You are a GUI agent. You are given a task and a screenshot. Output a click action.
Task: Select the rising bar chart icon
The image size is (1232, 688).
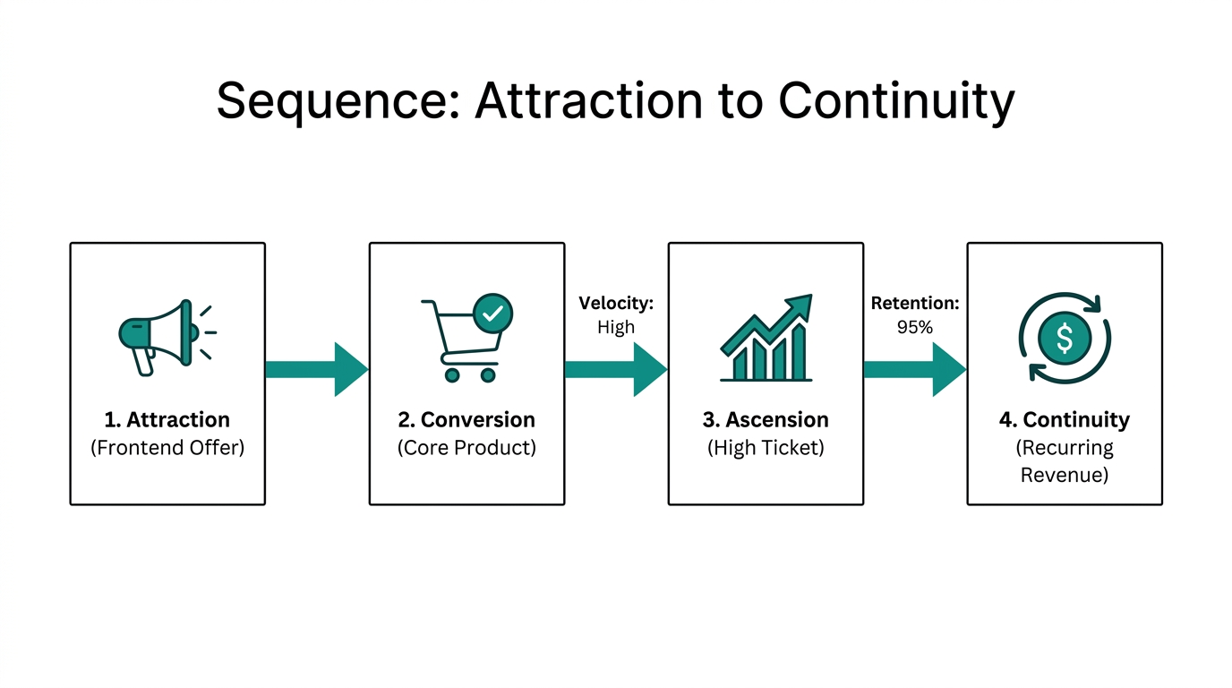(x=766, y=339)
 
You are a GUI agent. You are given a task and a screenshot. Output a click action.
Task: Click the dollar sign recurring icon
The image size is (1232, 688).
(x=1065, y=338)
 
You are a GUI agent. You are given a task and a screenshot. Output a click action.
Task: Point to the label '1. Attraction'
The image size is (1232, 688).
(x=167, y=419)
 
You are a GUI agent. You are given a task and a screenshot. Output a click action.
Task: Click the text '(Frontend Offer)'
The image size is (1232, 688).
(x=167, y=447)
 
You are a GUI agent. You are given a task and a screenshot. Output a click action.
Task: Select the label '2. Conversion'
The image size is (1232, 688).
(x=466, y=419)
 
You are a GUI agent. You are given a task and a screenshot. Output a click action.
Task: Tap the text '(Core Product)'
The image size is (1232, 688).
(x=466, y=447)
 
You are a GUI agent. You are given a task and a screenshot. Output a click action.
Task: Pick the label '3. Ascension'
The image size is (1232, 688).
(x=766, y=419)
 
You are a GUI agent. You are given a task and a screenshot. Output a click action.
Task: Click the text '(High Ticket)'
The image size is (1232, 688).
(x=766, y=447)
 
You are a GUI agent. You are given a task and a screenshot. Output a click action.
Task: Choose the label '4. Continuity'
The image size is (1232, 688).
(x=1065, y=419)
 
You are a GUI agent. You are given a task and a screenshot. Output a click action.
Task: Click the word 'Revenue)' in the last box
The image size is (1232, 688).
(x=1065, y=475)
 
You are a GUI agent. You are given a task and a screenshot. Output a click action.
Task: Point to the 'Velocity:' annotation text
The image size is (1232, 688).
(x=616, y=304)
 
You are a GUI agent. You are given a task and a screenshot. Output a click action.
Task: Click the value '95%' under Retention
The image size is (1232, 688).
(x=915, y=328)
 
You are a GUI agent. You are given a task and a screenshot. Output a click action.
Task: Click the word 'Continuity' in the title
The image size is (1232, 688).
(x=896, y=100)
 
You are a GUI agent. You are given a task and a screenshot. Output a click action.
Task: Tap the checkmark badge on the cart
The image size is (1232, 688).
(x=492, y=314)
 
